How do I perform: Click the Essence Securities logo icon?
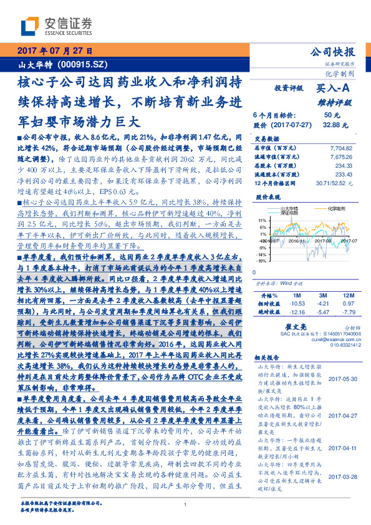point(29,26)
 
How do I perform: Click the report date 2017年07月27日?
point(55,52)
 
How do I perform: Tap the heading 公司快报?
point(337,52)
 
